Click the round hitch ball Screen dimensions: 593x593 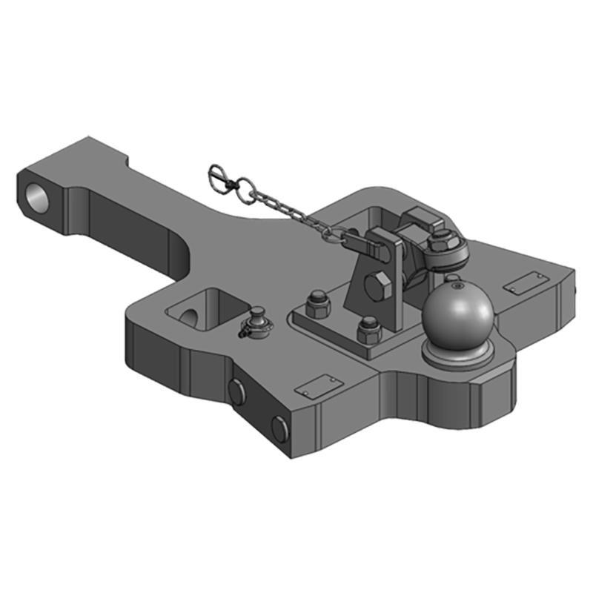(457, 315)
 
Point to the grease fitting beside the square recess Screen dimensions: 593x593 (256, 321)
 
